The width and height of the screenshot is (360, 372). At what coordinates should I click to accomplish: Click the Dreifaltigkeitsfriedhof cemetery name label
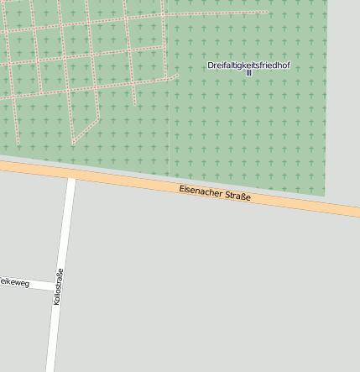248,65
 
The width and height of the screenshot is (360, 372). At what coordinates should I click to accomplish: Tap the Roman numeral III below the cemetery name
248,73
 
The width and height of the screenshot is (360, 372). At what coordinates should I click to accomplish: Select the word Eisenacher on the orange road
199,191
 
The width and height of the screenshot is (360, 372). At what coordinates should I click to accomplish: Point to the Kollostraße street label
58,286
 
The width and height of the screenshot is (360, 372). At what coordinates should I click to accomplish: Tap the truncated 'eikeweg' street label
14,283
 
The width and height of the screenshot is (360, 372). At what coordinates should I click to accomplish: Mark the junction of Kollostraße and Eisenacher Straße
71,176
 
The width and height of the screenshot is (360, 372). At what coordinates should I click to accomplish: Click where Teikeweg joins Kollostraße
55,286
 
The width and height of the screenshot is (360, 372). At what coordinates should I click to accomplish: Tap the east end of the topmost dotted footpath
267,12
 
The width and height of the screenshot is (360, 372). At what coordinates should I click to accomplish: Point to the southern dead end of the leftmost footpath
17,144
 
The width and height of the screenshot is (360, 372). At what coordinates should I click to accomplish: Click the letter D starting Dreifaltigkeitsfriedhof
211,65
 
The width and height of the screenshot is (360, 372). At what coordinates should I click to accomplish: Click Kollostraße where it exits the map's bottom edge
50,369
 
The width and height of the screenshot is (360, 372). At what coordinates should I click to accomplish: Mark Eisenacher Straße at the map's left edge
3,166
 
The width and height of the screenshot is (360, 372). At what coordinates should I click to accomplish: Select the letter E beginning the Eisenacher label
182,188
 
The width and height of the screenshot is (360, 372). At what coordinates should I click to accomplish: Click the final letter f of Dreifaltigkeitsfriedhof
288,65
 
